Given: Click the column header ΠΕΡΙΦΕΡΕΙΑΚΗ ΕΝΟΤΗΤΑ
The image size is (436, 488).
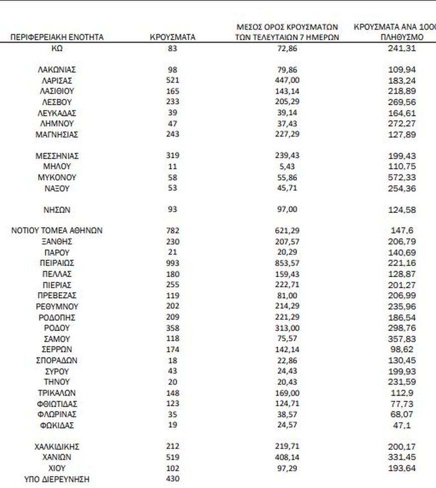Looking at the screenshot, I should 57,37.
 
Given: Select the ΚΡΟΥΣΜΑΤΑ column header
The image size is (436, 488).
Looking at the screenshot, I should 173,37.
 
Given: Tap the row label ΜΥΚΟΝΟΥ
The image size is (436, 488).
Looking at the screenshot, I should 57,177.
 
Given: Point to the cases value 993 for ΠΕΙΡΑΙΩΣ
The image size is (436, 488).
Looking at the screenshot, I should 173,263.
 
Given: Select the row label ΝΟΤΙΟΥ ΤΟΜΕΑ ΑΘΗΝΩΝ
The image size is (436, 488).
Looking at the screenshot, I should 57,231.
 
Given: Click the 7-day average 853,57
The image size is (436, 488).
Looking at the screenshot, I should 287,263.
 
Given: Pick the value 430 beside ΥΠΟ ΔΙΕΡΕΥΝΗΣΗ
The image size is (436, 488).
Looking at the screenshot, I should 173,479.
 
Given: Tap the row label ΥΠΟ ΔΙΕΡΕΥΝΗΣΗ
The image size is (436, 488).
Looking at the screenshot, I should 57,479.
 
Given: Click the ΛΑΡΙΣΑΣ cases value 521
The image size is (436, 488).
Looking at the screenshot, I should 173,81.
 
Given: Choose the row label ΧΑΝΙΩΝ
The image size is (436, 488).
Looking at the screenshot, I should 57,457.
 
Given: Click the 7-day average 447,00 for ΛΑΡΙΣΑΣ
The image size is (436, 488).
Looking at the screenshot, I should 287,81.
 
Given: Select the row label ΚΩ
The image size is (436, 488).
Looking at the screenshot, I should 57,48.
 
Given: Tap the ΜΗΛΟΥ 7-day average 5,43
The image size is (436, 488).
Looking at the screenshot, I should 287,167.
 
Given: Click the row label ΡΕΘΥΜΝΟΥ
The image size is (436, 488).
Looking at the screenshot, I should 57,306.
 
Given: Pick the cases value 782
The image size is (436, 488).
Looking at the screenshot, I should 173,231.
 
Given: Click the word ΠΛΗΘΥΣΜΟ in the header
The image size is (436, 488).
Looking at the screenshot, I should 402,37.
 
